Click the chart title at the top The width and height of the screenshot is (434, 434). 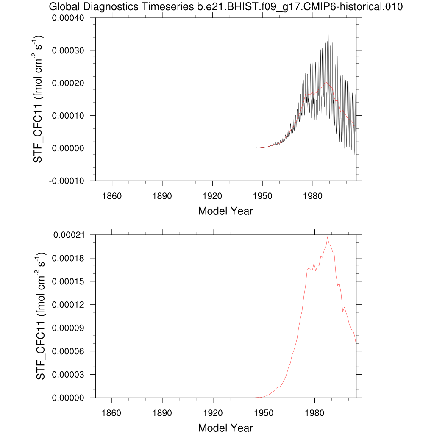(225, 7)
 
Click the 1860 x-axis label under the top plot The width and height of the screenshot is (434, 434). (112, 196)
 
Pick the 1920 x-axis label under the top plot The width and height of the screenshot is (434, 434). (213, 196)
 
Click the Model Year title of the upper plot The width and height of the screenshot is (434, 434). (225, 211)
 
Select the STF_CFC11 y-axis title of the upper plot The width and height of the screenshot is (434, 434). (40, 99)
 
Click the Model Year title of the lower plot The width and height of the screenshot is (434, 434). (225, 428)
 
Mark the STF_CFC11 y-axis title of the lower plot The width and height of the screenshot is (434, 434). (40, 316)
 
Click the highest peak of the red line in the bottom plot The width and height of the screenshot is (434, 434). (327, 237)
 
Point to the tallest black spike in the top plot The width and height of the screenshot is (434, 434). (328, 35)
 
